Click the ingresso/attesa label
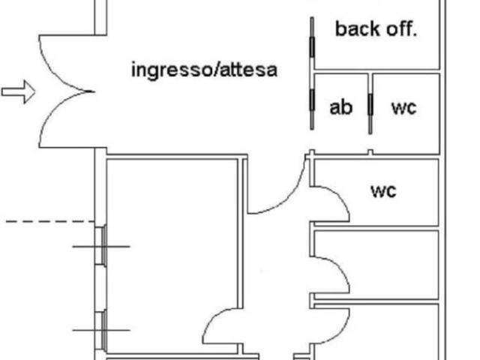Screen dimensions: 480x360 pyautogui.click(x=204, y=70)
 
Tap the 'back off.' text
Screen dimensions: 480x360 pyautogui.click(x=376, y=29)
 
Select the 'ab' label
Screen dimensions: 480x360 pyautogui.click(x=341, y=107)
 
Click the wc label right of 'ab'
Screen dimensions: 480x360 pyautogui.click(x=404, y=108)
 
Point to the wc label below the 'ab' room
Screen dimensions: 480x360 pyautogui.click(x=383, y=191)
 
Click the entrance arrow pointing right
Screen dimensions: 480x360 pyautogui.click(x=18, y=91)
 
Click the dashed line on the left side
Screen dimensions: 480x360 pyautogui.click(x=50, y=221)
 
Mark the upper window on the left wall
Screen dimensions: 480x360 pyautogui.click(x=101, y=246)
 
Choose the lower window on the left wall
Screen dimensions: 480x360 pyautogui.click(x=101, y=331)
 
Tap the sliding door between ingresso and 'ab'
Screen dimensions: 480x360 pyautogui.click(x=312, y=102)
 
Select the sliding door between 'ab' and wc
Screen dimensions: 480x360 pyautogui.click(x=370, y=104)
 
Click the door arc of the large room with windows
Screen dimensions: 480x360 pyautogui.click(x=211, y=318)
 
